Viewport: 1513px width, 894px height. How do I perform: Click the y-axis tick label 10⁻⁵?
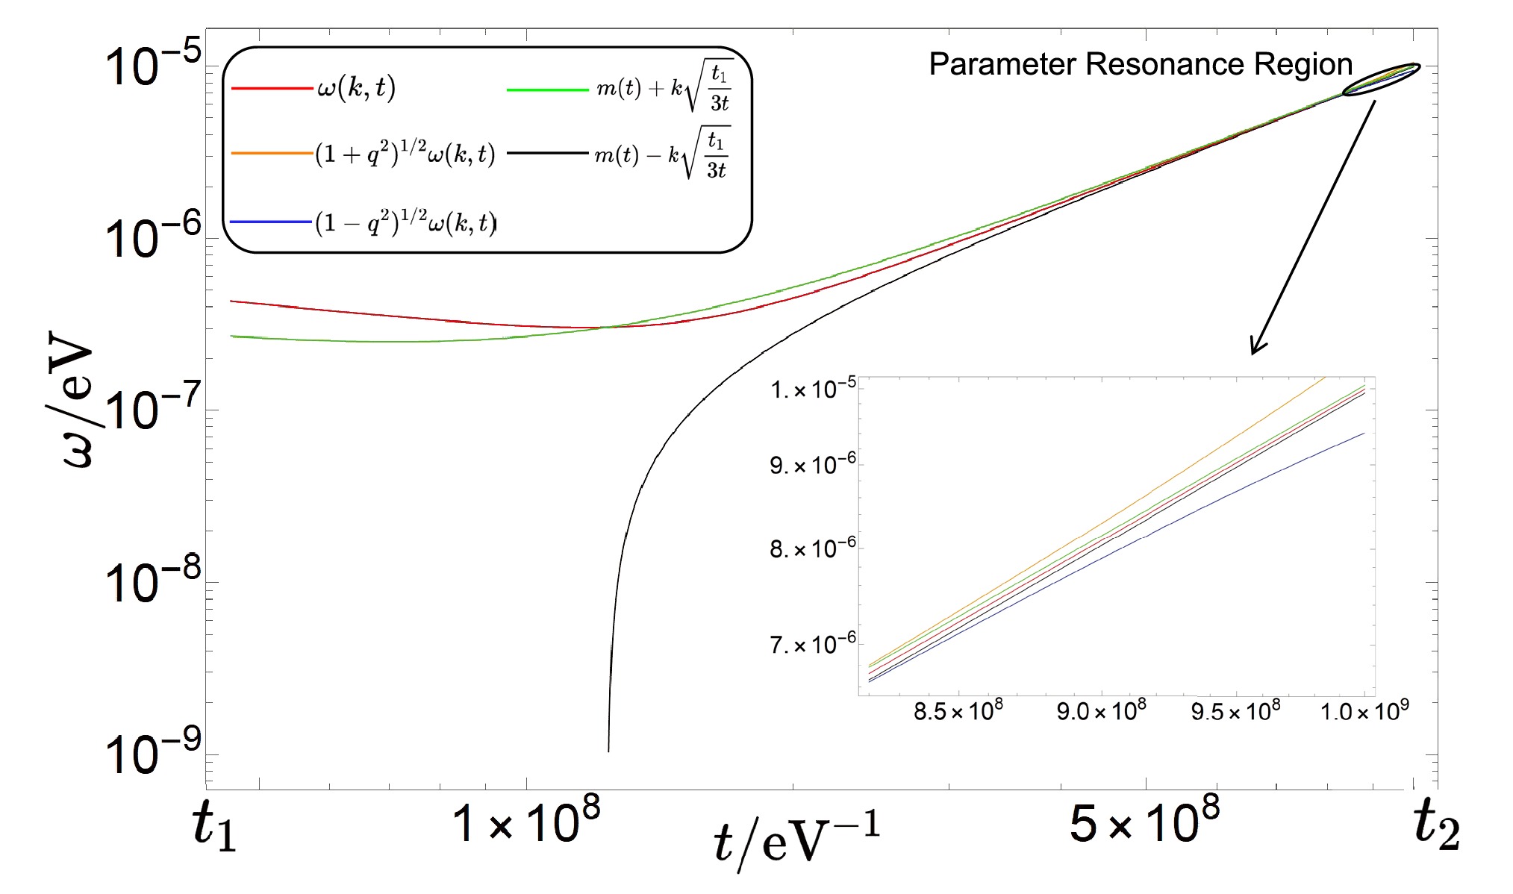click(x=153, y=66)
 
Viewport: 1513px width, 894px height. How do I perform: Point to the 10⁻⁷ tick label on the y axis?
click(x=153, y=410)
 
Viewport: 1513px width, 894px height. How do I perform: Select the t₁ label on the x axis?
click(x=214, y=827)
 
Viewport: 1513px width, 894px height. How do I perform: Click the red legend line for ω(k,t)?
click(x=272, y=89)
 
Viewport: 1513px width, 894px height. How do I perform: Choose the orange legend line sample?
click(x=272, y=154)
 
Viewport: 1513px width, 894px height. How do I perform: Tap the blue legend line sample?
click(x=272, y=222)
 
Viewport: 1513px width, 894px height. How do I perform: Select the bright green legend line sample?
click(x=547, y=90)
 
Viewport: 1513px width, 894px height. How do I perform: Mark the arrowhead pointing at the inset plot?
click(x=1256, y=348)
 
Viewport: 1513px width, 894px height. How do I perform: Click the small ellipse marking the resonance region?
click(x=1381, y=80)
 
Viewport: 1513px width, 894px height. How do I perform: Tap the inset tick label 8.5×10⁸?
click(x=958, y=711)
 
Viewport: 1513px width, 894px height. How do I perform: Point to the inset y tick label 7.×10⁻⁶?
click(x=813, y=644)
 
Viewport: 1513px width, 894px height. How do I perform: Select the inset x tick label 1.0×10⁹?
click(x=1364, y=711)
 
